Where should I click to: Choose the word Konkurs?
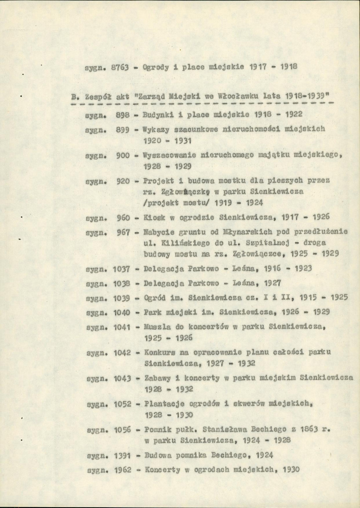click(158, 352)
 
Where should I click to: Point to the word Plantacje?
click(162, 404)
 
